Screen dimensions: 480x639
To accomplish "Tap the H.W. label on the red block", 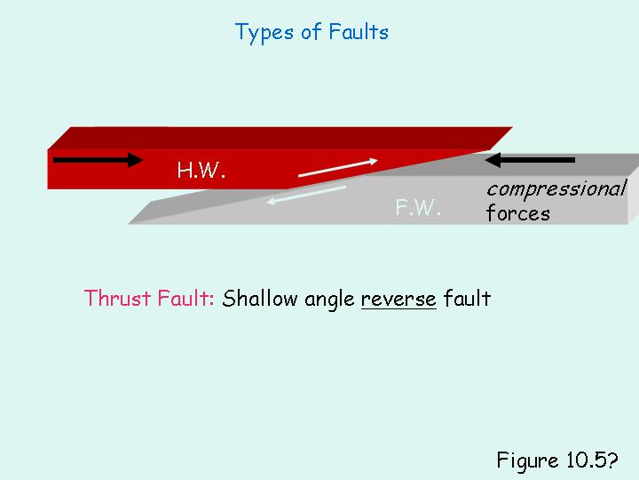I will point(201,171).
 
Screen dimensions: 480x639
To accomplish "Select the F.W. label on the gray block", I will point(418,209).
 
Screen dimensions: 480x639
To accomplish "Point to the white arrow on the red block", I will point(338,168).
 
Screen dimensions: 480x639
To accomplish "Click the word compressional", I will point(556,188).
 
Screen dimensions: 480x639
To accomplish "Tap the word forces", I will point(517,213).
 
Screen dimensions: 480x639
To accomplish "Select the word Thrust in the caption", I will point(111,299).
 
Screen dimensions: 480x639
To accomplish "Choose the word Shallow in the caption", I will point(261,299).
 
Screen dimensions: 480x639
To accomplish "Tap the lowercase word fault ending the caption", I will point(467,299).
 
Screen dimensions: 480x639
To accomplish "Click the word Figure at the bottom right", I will point(527,460).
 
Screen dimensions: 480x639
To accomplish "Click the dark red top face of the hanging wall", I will point(266,138).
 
